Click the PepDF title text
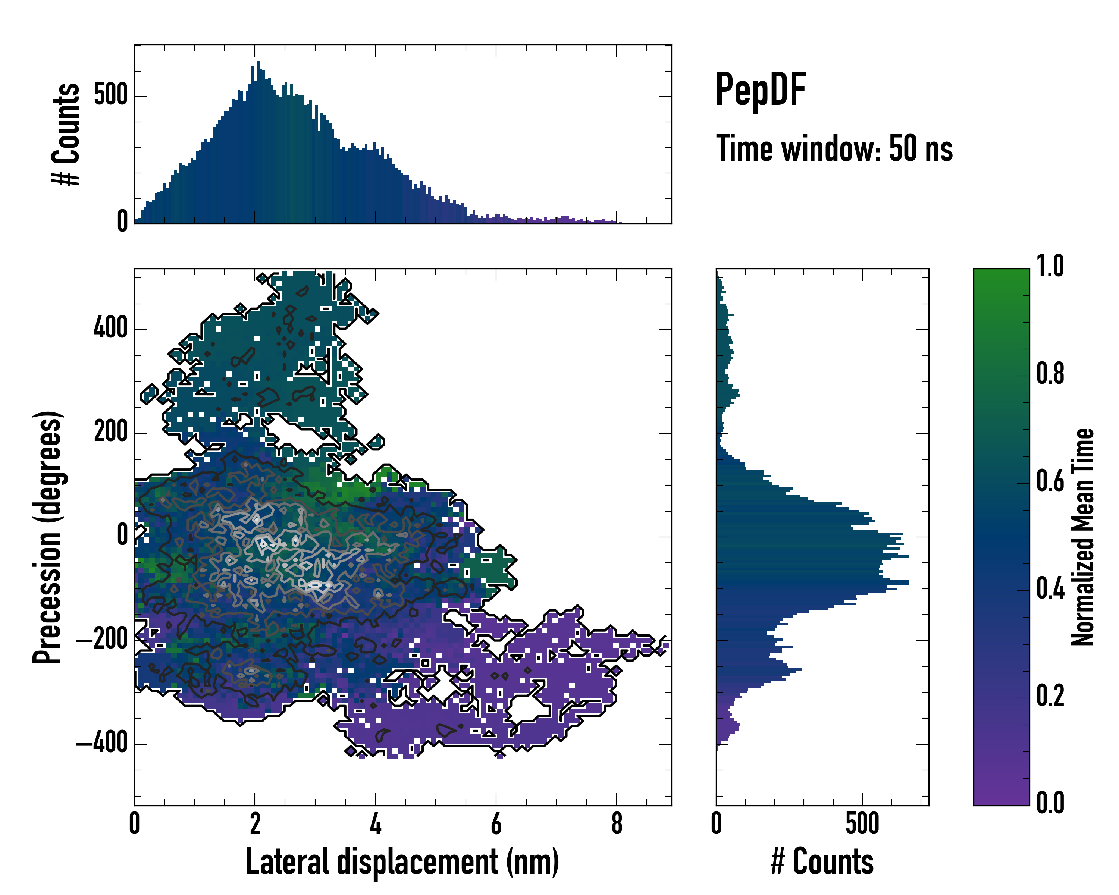[760, 89]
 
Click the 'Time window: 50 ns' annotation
[834, 148]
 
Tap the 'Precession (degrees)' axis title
[48, 537]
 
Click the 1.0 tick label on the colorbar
[1050, 266]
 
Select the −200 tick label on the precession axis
[102, 639]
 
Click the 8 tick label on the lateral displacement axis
[617, 824]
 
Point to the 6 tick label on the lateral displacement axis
[496, 824]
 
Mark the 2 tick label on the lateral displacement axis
[255, 824]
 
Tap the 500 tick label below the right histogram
[862, 824]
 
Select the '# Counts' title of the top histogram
[66, 134]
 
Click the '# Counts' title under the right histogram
[822, 861]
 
